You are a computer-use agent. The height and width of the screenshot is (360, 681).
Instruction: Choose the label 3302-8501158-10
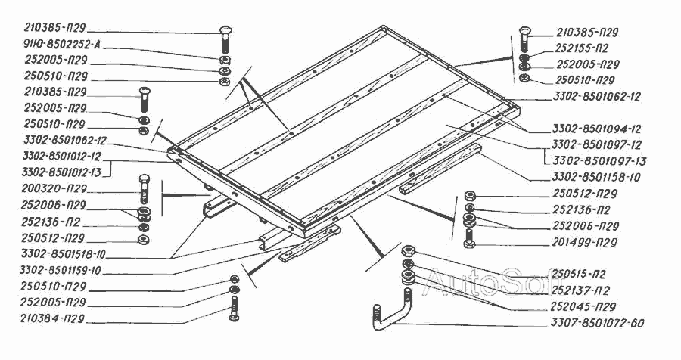[x=597, y=178]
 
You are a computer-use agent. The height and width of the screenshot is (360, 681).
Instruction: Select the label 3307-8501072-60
[x=599, y=324]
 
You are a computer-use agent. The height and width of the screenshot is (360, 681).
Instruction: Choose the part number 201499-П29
[x=584, y=242]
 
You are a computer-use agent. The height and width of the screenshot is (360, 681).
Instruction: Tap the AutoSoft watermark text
[x=484, y=284]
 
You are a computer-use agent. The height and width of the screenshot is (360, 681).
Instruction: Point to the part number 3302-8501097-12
[x=597, y=145]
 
